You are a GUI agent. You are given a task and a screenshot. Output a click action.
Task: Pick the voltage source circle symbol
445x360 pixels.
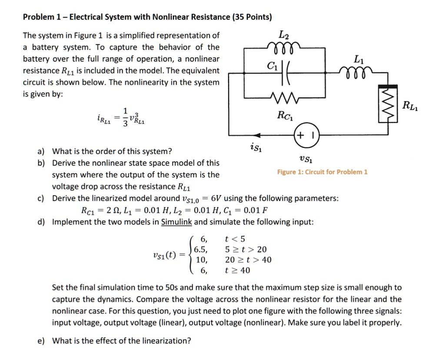coord(307,135)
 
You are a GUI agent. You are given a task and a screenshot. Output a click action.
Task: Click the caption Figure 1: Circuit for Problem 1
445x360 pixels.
coord(322,172)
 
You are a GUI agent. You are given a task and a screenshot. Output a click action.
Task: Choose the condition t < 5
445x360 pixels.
coord(235,239)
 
